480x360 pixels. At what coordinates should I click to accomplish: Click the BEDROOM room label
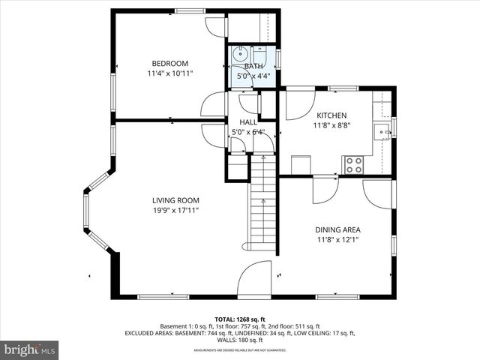pyautogui.click(x=169, y=64)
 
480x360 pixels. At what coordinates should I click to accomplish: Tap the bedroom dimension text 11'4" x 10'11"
pyautogui.click(x=169, y=74)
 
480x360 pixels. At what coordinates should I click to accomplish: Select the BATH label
pyautogui.click(x=253, y=67)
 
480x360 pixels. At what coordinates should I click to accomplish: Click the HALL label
pyautogui.click(x=247, y=122)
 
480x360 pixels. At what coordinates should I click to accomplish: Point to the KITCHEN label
pyautogui.click(x=331, y=115)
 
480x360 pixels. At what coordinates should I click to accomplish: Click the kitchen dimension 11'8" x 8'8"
pyautogui.click(x=331, y=126)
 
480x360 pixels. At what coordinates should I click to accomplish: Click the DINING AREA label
pyautogui.click(x=337, y=229)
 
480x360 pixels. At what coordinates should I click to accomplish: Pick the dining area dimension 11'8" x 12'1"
pyautogui.click(x=337, y=240)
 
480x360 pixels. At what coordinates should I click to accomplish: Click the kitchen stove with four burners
pyautogui.click(x=353, y=165)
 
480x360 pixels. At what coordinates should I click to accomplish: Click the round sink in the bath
pyautogui.click(x=239, y=55)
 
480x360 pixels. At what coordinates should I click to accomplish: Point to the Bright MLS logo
pyautogui.click(x=30, y=349)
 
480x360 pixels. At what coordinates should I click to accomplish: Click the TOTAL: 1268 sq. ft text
pyautogui.click(x=240, y=319)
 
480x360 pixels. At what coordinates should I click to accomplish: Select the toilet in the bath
pyautogui.click(x=259, y=54)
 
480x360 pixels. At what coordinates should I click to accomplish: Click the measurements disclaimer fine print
pyautogui.click(x=240, y=350)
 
